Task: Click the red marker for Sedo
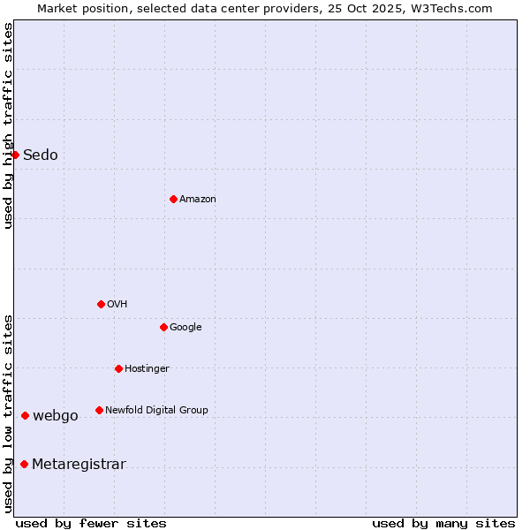pyautogui.click(x=15, y=155)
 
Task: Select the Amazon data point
pyautogui.click(x=173, y=199)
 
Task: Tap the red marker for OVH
pyautogui.click(x=101, y=304)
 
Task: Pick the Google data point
pyautogui.click(x=163, y=327)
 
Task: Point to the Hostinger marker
pyautogui.click(x=118, y=368)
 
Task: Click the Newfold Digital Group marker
pyautogui.click(x=99, y=410)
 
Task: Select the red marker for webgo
pyautogui.click(x=25, y=415)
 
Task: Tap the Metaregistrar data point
pyautogui.click(x=24, y=464)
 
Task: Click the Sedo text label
pyautogui.click(x=41, y=155)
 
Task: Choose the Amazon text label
pyautogui.click(x=198, y=200)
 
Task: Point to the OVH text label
pyautogui.click(x=117, y=305)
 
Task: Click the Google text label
pyautogui.click(x=185, y=328)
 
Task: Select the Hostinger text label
pyautogui.click(x=147, y=369)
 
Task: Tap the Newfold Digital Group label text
pyautogui.click(x=156, y=411)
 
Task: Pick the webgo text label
pyautogui.click(x=56, y=416)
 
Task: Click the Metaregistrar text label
pyautogui.click(x=79, y=465)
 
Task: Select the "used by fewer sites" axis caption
pyautogui.click(x=91, y=523)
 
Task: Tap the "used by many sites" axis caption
pyautogui.click(x=443, y=523)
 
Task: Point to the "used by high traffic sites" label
pyautogui.click(x=9, y=125)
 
